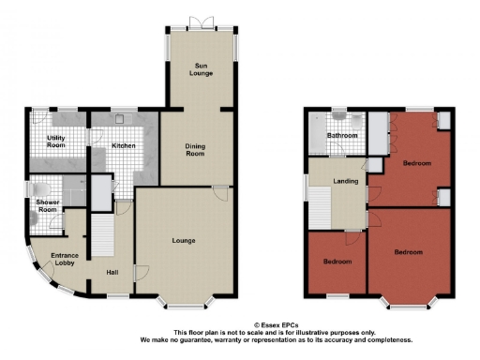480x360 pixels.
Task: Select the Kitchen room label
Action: (124, 146)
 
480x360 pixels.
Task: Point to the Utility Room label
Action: (55, 142)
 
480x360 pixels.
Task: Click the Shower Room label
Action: (47, 206)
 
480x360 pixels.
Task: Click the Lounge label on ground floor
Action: (183, 241)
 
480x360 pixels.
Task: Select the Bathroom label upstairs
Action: (341, 136)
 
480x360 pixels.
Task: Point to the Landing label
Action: (333, 180)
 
